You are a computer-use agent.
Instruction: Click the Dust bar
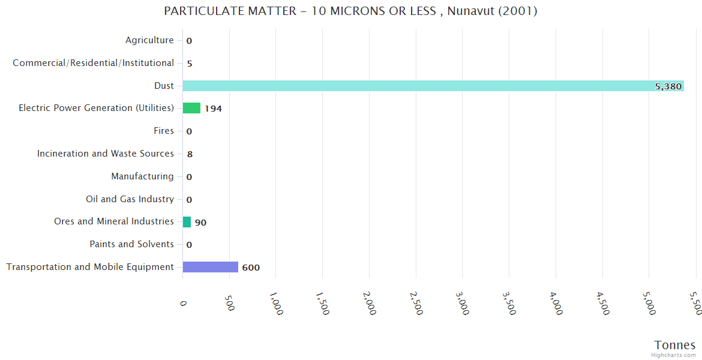432,86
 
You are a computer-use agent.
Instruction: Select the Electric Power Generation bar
191,108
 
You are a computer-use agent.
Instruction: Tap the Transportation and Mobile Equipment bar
210,267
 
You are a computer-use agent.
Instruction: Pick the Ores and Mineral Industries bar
187,222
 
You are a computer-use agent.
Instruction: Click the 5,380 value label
668,86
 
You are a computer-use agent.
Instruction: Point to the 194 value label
213,109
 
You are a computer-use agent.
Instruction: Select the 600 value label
251,268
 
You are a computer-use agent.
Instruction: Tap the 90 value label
200,223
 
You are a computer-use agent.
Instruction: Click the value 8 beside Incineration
190,154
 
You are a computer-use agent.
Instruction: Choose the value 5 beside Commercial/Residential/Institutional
190,64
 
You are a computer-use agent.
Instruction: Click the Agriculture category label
149,40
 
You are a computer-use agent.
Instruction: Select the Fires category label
164,131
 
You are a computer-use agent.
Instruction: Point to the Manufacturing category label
142,176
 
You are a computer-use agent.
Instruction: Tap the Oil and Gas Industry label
130,199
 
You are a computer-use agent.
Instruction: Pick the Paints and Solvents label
131,244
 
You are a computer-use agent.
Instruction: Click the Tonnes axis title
674,345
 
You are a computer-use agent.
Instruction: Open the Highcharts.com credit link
674,355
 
